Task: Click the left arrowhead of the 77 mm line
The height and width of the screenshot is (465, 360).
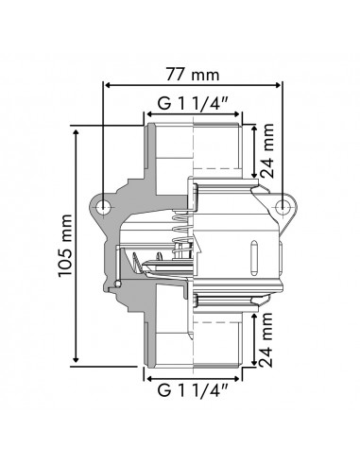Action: pos(107,85)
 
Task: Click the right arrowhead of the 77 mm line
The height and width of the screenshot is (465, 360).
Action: pos(282,85)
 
